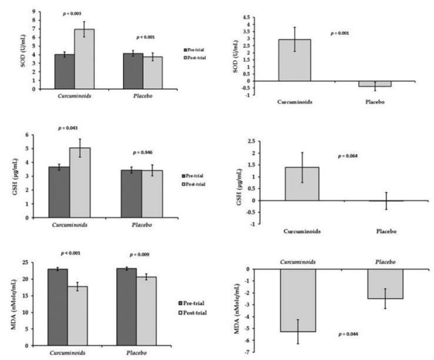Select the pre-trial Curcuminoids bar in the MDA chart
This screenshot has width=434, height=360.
tap(59, 306)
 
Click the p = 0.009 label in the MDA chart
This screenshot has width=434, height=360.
tap(145, 254)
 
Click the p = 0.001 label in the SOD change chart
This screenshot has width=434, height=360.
tap(340, 33)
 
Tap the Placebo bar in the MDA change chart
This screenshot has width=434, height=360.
tap(386, 284)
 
